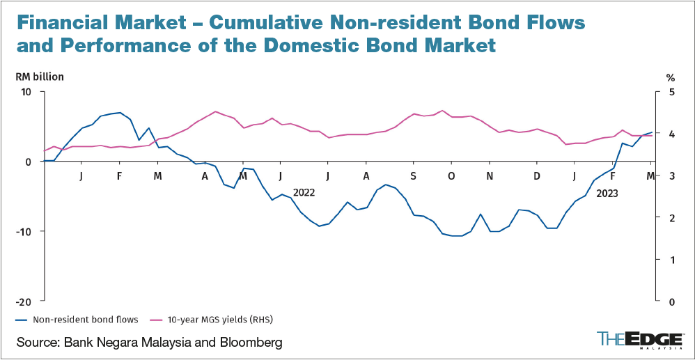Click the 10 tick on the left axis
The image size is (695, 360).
[x=29, y=92]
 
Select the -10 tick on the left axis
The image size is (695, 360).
[x=26, y=231]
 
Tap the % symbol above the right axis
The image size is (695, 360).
[x=671, y=77]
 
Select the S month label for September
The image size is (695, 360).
[x=414, y=176]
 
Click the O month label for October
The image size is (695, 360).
[x=451, y=176]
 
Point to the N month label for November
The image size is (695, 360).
[x=490, y=176]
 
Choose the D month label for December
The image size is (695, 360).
[x=536, y=176]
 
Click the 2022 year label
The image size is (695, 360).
[x=304, y=192]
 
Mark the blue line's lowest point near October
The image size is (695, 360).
[x=456, y=236]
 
